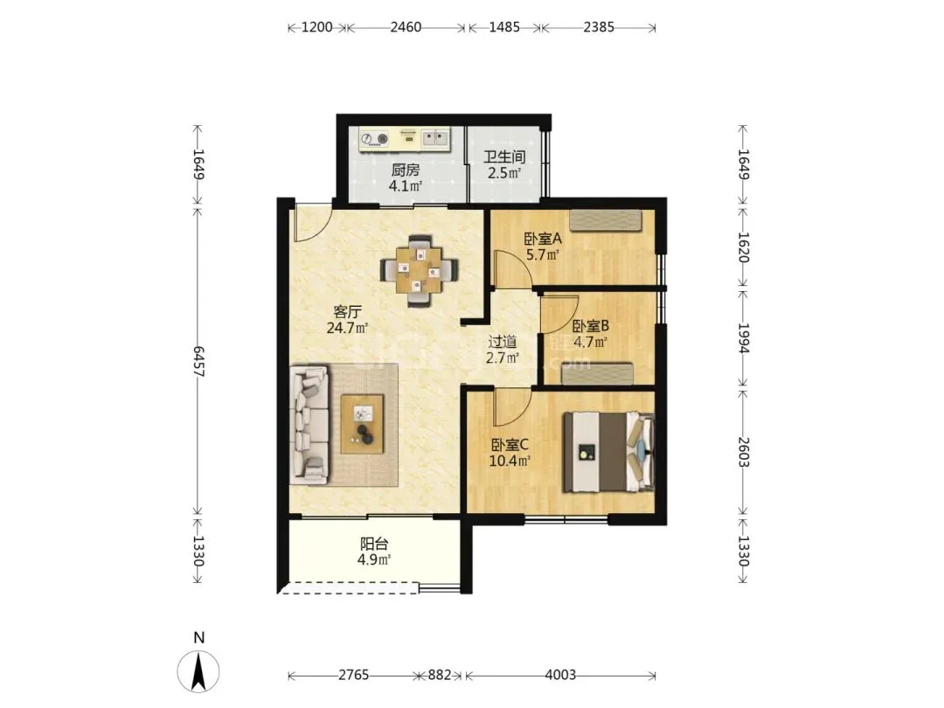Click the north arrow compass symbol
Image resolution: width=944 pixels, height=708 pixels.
click(198, 670)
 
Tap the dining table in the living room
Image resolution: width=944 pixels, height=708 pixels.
click(419, 270)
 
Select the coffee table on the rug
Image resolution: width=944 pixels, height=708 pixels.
click(363, 424)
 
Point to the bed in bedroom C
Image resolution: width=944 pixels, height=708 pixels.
click(608, 452)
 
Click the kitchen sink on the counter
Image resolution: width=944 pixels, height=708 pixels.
click(435, 139)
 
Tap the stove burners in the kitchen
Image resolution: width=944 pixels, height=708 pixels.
click(374, 139)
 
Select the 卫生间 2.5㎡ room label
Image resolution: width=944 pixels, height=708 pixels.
click(504, 165)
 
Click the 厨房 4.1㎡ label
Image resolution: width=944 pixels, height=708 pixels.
click(406, 178)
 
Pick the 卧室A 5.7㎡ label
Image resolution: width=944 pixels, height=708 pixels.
click(543, 246)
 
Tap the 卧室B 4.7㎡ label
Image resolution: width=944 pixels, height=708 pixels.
click(591, 335)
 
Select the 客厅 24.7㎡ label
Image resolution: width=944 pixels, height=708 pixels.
click(347, 320)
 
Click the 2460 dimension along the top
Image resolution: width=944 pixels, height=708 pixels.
click(406, 27)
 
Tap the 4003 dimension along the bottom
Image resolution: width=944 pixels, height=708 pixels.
click(560, 675)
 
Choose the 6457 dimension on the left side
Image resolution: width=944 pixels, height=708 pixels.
click(198, 361)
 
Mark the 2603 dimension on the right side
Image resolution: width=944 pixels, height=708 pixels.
click(744, 452)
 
